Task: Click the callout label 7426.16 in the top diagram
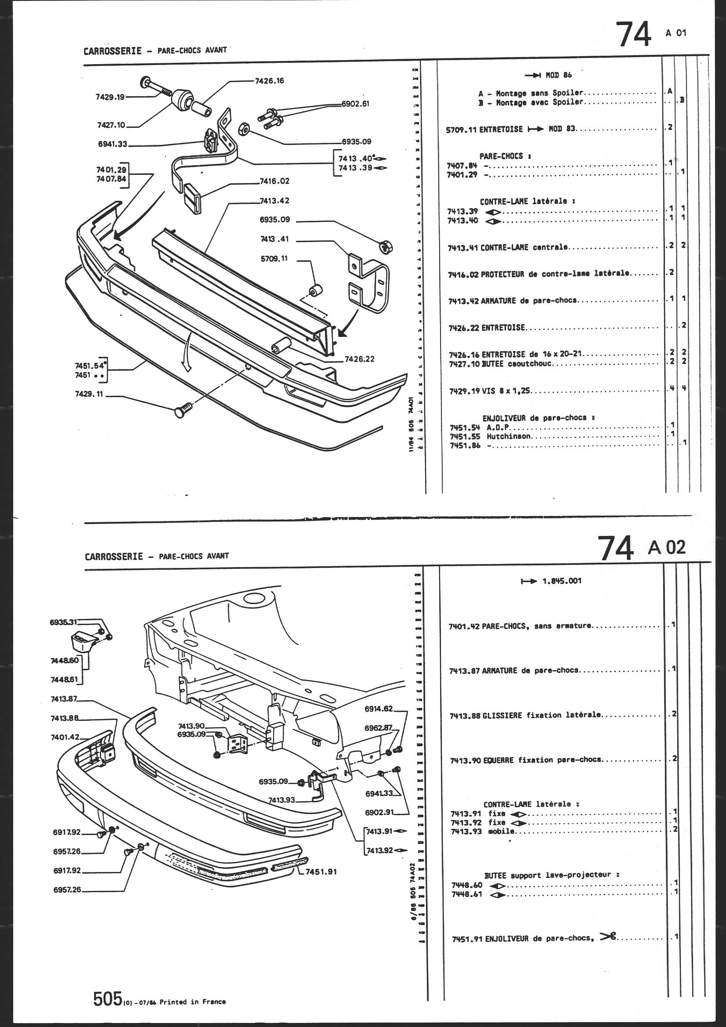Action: click(x=269, y=81)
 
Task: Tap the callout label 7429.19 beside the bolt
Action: click(x=110, y=97)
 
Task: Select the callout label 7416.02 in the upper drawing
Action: click(x=274, y=181)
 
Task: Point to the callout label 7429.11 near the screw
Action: click(x=89, y=395)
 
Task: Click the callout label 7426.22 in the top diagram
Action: click(x=359, y=359)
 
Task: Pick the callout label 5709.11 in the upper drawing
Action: click(x=274, y=259)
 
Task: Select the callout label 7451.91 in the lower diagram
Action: click(x=321, y=872)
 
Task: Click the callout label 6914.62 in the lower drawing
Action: click(x=379, y=709)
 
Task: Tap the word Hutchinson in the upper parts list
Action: click(x=509, y=436)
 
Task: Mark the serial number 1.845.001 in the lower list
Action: click(x=561, y=581)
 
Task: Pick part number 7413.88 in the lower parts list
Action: click(x=465, y=716)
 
